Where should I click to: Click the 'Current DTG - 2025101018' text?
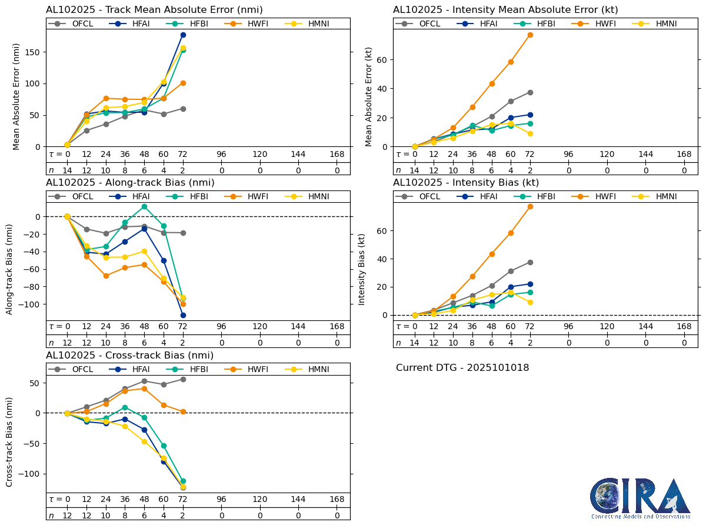[x=462, y=368]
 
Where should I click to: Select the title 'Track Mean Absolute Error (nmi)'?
[x=154, y=10]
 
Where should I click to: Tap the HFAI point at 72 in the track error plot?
[x=183, y=35]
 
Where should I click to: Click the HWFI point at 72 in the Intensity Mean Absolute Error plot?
[x=530, y=35]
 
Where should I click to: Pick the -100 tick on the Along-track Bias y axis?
[x=34, y=304]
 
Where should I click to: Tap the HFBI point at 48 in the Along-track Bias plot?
[x=144, y=206]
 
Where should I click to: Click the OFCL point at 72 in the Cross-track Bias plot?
[x=183, y=379]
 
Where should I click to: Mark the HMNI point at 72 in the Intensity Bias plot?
[x=530, y=302]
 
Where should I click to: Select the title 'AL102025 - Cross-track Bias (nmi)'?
[x=129, y=356]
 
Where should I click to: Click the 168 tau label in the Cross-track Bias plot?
[x=337, y=499]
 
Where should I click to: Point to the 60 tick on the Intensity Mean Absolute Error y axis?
[x=383, y=59]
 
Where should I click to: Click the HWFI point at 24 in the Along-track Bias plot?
[x=106, y=276]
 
